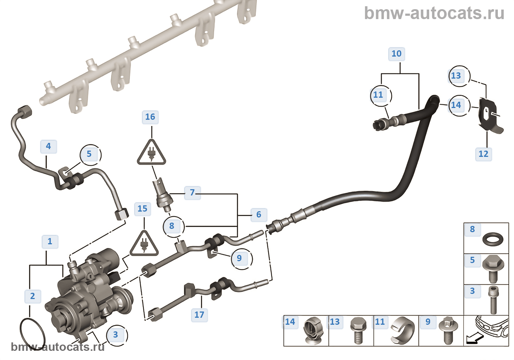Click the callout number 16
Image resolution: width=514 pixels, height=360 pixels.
tap(150, 117)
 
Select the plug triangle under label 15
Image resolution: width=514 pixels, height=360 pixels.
tap(144, 244)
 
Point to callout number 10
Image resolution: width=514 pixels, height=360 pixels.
tap(397, 54)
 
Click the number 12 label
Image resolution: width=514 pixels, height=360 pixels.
tap(484, 154)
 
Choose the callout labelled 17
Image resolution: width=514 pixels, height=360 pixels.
tap(199, 315)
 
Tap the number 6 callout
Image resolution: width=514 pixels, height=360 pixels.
tap(259, 215)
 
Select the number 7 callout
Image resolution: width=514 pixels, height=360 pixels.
tap(192, 192)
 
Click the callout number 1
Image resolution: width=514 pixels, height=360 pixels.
tap(50, 242)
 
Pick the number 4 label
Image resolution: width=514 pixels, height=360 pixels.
tap(48, 146)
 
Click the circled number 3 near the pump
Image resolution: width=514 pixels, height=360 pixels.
tap(116, 335)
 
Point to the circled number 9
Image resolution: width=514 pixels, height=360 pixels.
tap(239, 258)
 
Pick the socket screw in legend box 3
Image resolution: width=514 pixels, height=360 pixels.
tap(493, 300)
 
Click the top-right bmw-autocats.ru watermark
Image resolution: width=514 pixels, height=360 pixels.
tap(434, 13)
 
